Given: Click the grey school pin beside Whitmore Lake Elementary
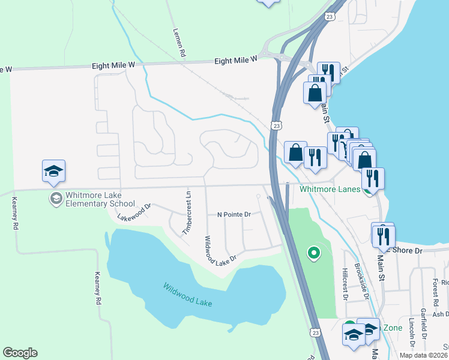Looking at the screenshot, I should (56, 199).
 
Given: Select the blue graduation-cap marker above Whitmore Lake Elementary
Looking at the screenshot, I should (53, 172).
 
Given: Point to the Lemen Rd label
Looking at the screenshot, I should (179, 44).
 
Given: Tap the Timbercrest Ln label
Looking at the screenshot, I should (187, 212).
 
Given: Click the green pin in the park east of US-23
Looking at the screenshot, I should (313, 253).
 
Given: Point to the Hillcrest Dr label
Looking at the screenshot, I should (345, 284).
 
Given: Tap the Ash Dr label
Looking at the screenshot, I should (440, 314).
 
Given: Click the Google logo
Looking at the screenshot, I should (20, 353).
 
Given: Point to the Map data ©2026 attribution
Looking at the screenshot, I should (423, 355).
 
